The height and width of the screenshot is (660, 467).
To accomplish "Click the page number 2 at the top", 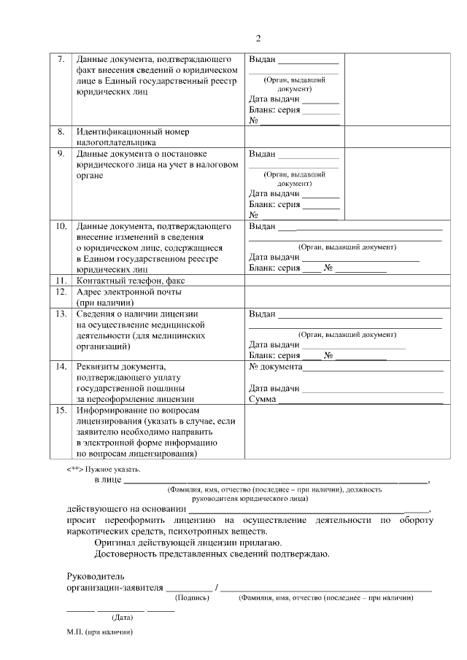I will coord(258,38).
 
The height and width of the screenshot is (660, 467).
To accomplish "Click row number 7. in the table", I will coord(61,58).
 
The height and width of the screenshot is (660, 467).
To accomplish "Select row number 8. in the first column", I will coord(61,132).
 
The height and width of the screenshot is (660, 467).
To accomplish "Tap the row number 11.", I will coord(61,280).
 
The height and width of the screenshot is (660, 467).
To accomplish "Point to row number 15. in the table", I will coord(61,411).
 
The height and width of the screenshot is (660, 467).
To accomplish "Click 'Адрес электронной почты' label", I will coord(128,292).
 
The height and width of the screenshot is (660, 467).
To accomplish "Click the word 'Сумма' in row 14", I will coord(262,400).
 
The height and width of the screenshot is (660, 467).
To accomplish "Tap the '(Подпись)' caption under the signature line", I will coord(192,598).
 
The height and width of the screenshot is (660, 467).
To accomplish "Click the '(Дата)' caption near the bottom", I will coord(122,617).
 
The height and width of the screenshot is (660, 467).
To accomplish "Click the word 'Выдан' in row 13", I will coord(262,314).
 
